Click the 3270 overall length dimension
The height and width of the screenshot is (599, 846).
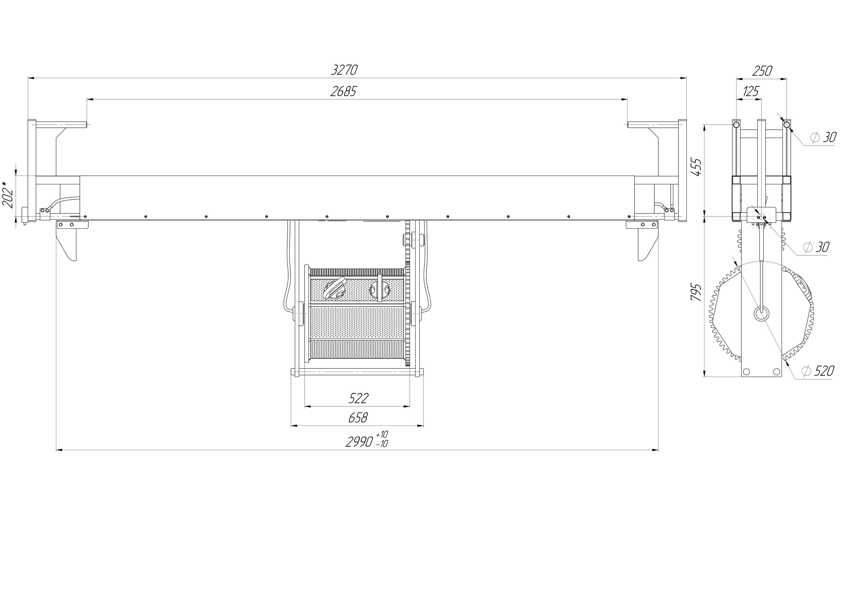tap(344, 70)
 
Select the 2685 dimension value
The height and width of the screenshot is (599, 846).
tap(344, 91)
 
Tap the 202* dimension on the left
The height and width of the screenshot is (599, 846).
tap(8, 195)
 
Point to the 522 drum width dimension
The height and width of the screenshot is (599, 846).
tap(359, 398)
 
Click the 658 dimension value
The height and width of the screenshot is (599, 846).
tap(358, 418)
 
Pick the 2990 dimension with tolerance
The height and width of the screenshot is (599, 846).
tap(367, 439)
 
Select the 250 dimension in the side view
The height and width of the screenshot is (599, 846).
tap(762, 71)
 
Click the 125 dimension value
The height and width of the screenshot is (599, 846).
tap(750, 91)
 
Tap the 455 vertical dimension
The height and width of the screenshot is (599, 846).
tap(696, 167)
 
